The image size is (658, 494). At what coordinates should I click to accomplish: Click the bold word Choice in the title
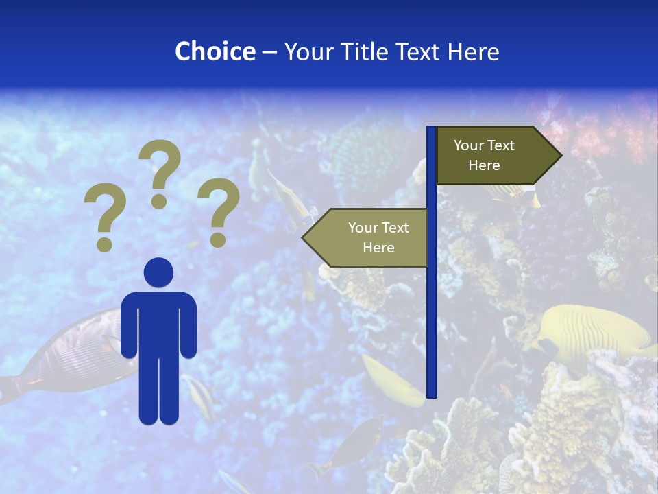click(x=215, y=51)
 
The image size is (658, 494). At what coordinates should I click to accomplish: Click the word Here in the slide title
click(x=474, y=51)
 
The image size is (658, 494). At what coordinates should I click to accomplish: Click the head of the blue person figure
click(x=158, y=272)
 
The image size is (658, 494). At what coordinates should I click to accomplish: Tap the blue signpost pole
click(x=432, y=309)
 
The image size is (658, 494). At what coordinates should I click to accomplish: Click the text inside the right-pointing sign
click(x=484, y=155)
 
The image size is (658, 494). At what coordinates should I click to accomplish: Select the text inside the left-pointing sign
click(x=378, y=237)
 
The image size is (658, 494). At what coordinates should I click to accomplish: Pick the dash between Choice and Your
click(x=269, y=52)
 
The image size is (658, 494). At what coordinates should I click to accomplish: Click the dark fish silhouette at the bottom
click(x=356, y=443)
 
